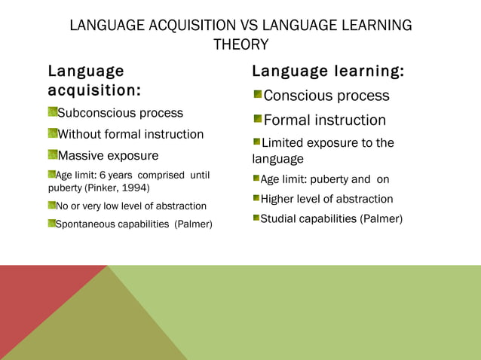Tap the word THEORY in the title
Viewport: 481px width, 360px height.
point(240,45)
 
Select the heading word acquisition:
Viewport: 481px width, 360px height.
point(94,91)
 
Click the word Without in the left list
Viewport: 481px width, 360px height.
point(80,134)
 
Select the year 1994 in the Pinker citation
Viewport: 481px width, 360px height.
point(133,188)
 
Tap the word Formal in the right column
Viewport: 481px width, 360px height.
point(287,120)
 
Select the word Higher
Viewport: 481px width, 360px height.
point(280,199)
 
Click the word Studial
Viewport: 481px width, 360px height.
point(280,218)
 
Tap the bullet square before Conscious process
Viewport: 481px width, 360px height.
point(258,95)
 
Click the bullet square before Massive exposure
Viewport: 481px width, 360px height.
point(53,155)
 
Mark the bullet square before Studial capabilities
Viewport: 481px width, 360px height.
point(256,218)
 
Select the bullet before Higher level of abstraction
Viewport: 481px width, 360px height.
point(256,199)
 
